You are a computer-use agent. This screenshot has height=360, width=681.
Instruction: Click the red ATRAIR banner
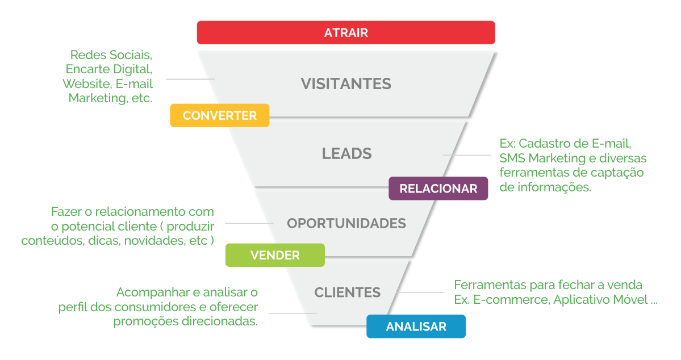(x=346, y=32)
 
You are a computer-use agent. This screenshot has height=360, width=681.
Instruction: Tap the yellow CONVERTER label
(x=219, y=116)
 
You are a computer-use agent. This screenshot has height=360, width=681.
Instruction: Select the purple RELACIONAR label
(x=438, y=189)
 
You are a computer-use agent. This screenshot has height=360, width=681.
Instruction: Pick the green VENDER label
(x=275, y=255)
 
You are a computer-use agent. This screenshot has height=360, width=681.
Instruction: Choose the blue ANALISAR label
(x=416, y=326)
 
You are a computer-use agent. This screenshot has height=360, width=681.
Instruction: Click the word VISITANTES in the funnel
(x=346, y=84)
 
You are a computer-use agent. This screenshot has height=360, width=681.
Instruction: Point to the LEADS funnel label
(x=346, y=153)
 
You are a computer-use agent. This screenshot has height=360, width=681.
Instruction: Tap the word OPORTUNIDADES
(x=346, y=223)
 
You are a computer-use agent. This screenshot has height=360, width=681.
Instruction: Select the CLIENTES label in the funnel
(x=347, y=292)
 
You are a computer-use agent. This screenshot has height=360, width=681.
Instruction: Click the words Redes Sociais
(x=111, y=55)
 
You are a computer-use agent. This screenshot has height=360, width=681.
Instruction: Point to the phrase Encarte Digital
(x=109, y=69)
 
